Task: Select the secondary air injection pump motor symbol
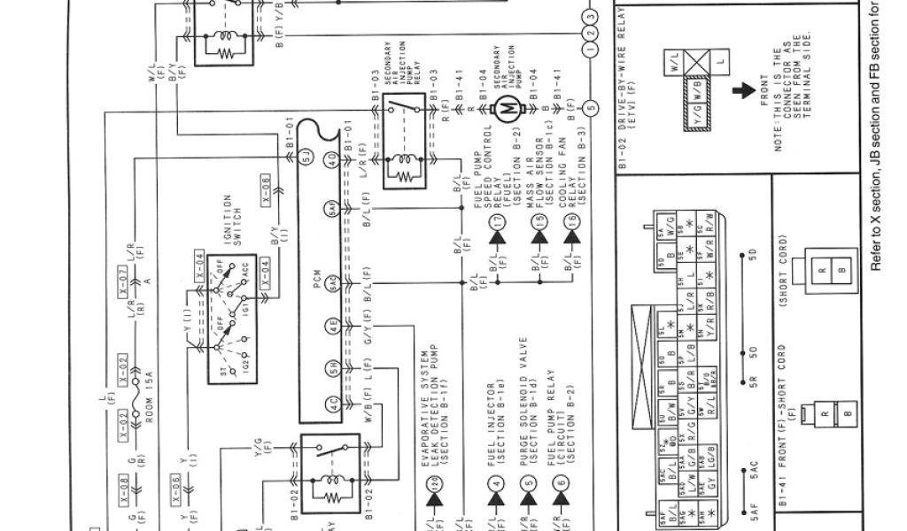507,109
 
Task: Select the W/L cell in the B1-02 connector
675,64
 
